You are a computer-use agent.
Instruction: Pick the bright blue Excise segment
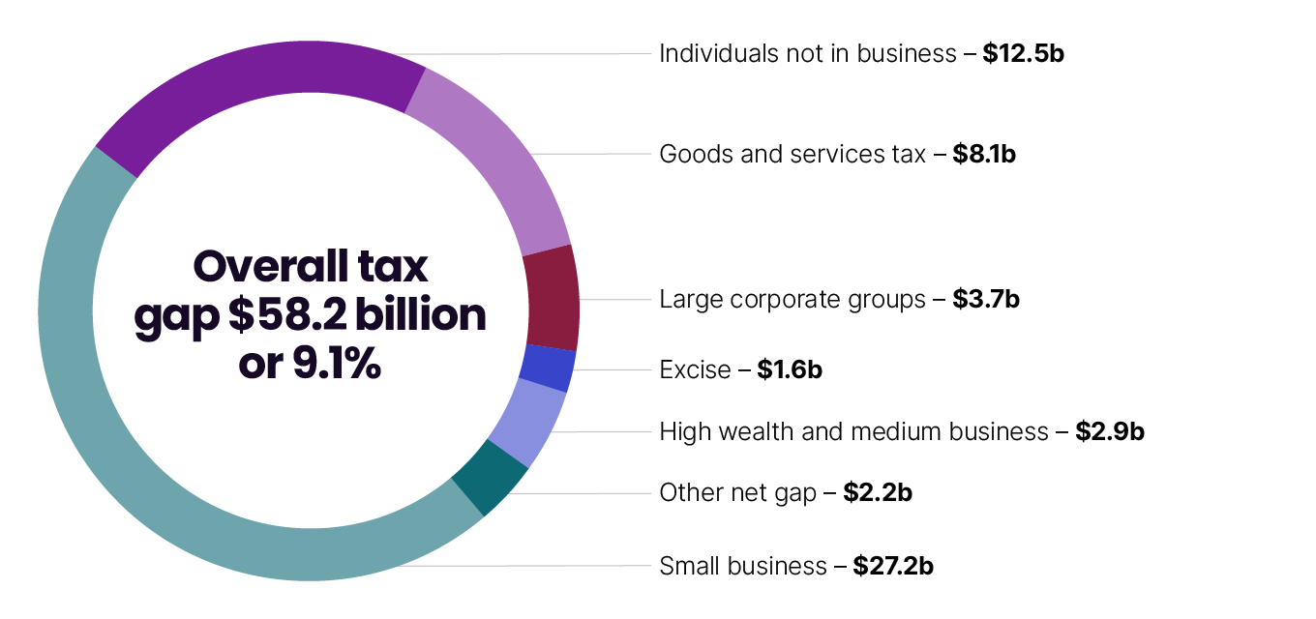click(x=548, y=368)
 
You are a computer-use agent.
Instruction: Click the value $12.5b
click(x=1023, y=53)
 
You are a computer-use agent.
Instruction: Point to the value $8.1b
click(x=983, y=154)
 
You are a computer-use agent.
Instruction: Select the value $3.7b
click(x=986, y=300)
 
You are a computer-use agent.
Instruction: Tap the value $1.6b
click(x=790, y=369)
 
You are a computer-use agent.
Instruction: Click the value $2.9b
click(x=1109, y=431)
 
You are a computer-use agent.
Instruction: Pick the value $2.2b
click(x=877, y=493)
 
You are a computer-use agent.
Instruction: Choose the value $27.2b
click(x=892, y=566)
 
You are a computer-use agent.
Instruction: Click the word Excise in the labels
click(x=695, y=369)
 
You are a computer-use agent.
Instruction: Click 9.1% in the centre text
click(x=334, y=364)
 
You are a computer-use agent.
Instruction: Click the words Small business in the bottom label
click(x=742, y=566)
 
